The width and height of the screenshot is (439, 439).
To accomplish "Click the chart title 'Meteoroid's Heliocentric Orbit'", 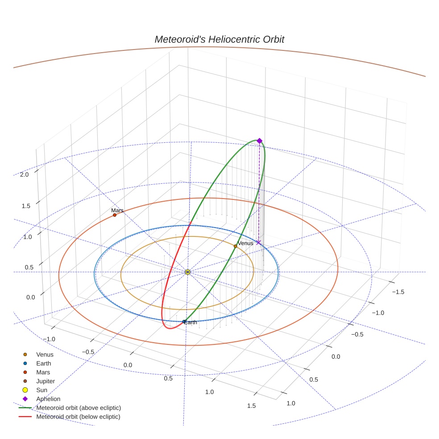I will coord(219,39).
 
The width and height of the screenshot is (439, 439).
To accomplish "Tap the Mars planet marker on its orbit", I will coord(115,215).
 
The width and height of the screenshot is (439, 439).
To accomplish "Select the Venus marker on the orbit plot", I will coord(236,246).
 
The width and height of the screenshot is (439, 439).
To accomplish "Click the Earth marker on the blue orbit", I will coord(184,321).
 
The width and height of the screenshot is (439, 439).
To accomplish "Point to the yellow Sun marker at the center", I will coord(187,272).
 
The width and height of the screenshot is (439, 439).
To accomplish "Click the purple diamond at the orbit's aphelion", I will coord(259,141).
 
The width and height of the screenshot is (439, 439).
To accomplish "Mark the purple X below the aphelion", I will coord(258,243).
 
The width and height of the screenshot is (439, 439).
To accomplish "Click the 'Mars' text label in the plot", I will coord(117,210).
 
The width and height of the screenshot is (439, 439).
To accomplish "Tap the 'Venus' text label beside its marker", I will coord(245,243).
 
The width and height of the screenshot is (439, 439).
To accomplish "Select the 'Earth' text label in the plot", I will coord(191,322).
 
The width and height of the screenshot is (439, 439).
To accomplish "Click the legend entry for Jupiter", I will coord(45,381).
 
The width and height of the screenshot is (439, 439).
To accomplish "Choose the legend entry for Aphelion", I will coord(48,399).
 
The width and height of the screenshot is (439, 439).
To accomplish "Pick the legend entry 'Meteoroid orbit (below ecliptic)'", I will coord(78,417).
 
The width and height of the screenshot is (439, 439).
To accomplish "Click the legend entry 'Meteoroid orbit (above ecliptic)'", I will coord(79,408).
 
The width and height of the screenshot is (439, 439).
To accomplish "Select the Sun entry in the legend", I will coord(41,390).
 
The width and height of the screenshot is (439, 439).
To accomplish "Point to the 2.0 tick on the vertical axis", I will coord(24,174).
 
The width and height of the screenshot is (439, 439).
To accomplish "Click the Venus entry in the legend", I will coord(45,355).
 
